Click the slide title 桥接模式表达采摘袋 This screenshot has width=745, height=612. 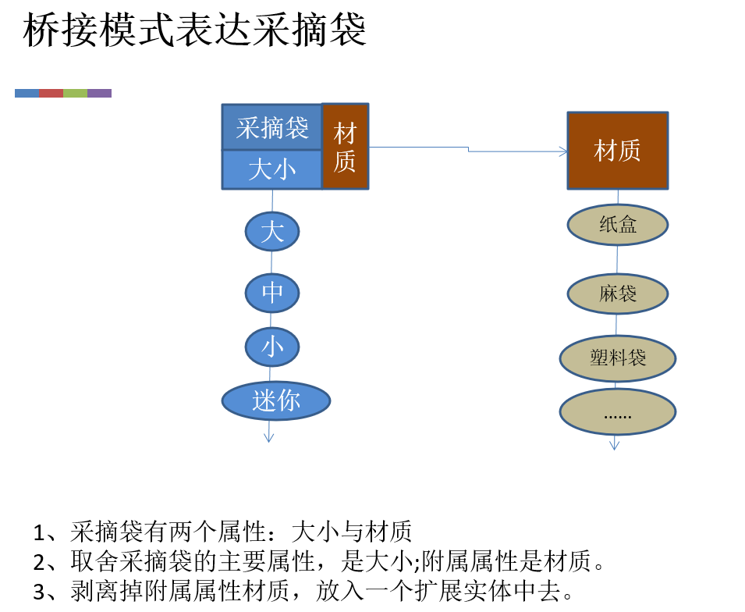coord(195,33)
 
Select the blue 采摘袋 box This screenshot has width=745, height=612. coord(272,127)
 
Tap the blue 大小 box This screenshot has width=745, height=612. coord(272,169)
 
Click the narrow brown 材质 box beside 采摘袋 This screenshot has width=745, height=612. coord(345,147)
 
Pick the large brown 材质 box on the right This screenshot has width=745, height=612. coord(617,151)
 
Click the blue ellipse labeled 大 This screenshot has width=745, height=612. coord(272,232)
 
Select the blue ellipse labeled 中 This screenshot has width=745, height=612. coord(272,293)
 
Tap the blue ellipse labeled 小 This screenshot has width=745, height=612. coord(272,347)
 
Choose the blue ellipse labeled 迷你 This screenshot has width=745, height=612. coord(276,401)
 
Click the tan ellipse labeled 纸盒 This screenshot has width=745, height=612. coord(617,226)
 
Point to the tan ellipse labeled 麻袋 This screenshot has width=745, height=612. coord(617,294)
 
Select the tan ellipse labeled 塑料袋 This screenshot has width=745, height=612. coord(617,358)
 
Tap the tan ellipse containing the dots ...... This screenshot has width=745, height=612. coord(617,411)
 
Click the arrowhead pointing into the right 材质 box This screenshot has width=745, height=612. coord(562,151)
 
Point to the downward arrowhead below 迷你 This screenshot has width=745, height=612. coord(269,437)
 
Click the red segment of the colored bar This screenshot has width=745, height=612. coord(51,93)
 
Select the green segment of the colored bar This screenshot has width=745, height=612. coord(75,93)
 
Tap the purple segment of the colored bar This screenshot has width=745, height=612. coord(99,93)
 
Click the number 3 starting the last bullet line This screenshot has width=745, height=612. coord(40,591)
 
